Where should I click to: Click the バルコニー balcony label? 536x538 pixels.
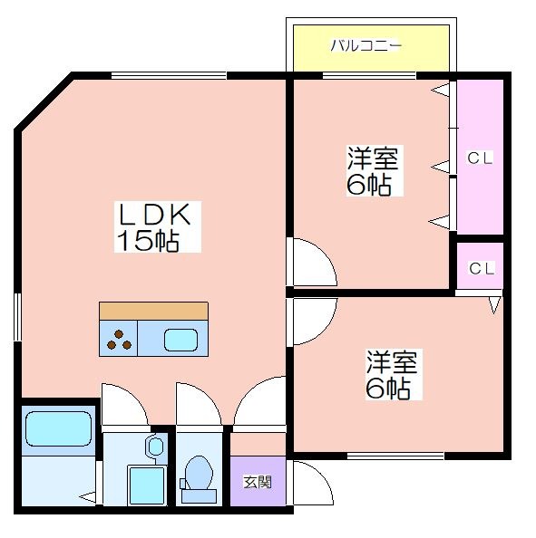click(365, 45)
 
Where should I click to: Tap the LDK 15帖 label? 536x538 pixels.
click(158, 226)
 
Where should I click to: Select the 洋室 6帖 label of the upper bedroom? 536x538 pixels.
click(375, 170)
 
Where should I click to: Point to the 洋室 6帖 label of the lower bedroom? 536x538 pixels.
click(393, 374)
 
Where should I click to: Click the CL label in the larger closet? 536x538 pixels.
click(480, 158)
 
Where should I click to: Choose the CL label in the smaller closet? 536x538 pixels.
click(482, 268)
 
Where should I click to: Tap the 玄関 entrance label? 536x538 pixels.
click(258, 482)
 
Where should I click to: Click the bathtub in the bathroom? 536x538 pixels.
click(58, 429)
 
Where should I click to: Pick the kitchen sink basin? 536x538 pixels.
click(180, 340)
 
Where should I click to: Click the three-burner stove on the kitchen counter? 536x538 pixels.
click(119, 339)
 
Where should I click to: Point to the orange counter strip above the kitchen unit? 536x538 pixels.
click(153, 312)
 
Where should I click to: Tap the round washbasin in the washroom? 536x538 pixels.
click(156, 446)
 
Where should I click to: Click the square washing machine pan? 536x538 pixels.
click(146, 485)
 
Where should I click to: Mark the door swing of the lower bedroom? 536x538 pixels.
click(315, 322)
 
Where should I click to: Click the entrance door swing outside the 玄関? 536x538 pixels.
click(312, 483)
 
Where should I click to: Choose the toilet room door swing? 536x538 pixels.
click(199, 404)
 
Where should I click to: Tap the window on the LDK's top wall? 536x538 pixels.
click(169, 75)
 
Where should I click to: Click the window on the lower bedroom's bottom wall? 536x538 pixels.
click(395, 456)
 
